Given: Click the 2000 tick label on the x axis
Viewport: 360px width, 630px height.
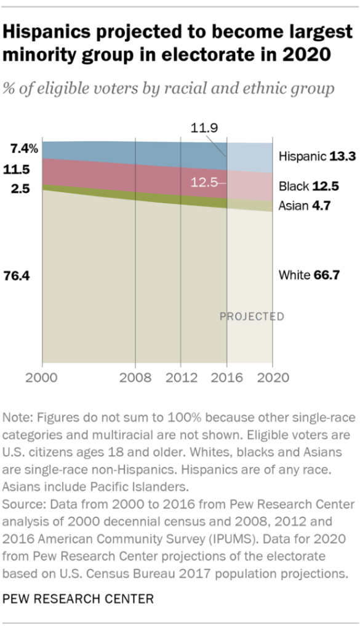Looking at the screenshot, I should [x=42, y=378].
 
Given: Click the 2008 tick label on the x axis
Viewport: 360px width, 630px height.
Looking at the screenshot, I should [x=135, y=378].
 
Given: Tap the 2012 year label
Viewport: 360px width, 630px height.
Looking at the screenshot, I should [x=180, y=378].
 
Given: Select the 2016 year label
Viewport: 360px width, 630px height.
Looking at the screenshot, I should [x=226, y=378].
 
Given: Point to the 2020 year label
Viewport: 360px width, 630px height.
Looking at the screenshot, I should [x=272, y=378].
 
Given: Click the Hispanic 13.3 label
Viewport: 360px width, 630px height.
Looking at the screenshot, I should [x=317, y=156].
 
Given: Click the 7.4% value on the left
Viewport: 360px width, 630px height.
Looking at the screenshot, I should [x=24, y=148].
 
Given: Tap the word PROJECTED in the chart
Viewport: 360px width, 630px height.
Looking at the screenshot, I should [x=252, y=317].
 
